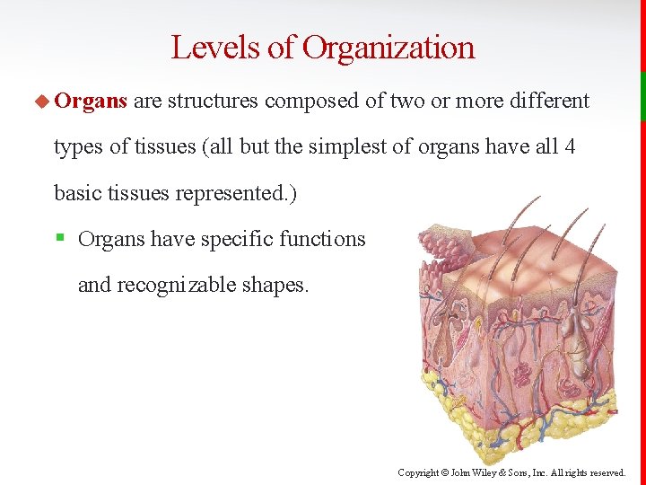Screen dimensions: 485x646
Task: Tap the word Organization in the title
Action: [388, 47]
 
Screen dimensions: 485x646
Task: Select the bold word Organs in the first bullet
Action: [90, 101]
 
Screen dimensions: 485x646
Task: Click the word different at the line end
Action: [549, 101]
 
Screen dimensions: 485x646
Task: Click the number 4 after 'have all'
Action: [570, 146]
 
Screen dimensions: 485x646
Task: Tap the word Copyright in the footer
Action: [417, 472]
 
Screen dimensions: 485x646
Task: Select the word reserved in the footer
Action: [607, 472]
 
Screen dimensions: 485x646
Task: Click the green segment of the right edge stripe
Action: [642, 96]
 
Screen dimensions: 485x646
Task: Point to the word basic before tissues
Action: [78, 193]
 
